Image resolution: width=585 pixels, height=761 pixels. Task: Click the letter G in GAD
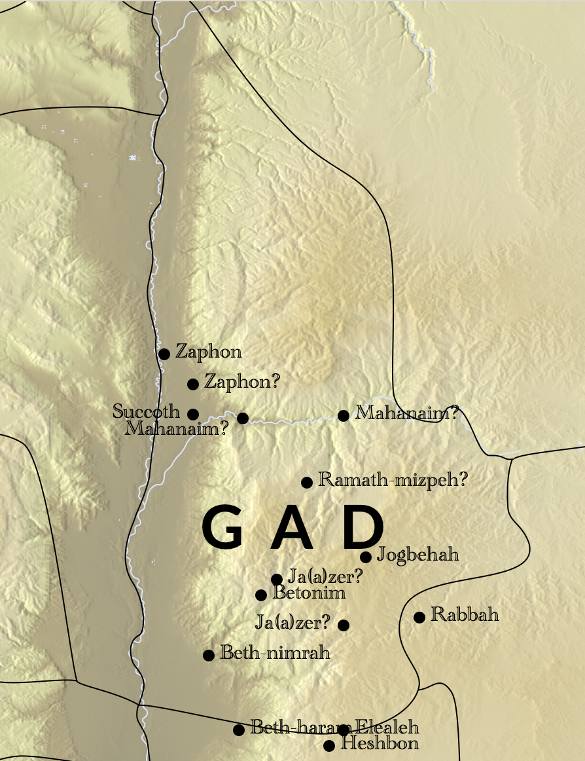pyautogui.click(x=223, y=529)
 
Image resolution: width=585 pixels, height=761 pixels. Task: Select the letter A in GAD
pyautogui.click(x=292, y=529)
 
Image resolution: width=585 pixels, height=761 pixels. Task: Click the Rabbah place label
pyautogui.click(x=465, y=615)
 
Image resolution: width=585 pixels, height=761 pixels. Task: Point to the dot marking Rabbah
pyautogui.click(x=419, y=617)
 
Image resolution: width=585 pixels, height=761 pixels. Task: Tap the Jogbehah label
pyautogui.click(x=418, y=555)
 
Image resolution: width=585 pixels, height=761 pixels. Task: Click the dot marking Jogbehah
pyautogui.click(x=366, y=557)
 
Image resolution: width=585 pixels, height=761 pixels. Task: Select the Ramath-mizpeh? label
pyautogui.click(x=393, y=480)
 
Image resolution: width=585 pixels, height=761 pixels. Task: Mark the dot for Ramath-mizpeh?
pyautogui.click(x=306, y=483)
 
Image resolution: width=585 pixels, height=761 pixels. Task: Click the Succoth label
pyautogui.click(x=146, y=411)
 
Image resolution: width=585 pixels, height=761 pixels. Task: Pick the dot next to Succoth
pyautogui.click(x=193, y=414)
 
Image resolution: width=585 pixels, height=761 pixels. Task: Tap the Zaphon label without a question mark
pyautogui.click(x=208, y=352)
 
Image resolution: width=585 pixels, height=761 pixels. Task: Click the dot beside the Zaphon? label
pyautogui.click(x=193, y=384)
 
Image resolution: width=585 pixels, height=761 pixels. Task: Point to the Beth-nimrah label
pyautogui.click(x=275, y=653)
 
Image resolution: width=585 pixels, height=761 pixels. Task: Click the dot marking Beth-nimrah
pyautogui.click(x=209, y=656)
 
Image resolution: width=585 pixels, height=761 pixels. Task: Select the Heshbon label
pyautogui.click(x=380, y=743)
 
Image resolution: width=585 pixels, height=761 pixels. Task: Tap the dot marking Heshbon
pyautogui.click(x=329, y=746)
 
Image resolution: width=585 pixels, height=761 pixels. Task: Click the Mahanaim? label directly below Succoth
pyautogui.click(x=177, y=429)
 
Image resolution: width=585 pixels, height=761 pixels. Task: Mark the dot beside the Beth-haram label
pyautogui.click(x=239, y=730)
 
